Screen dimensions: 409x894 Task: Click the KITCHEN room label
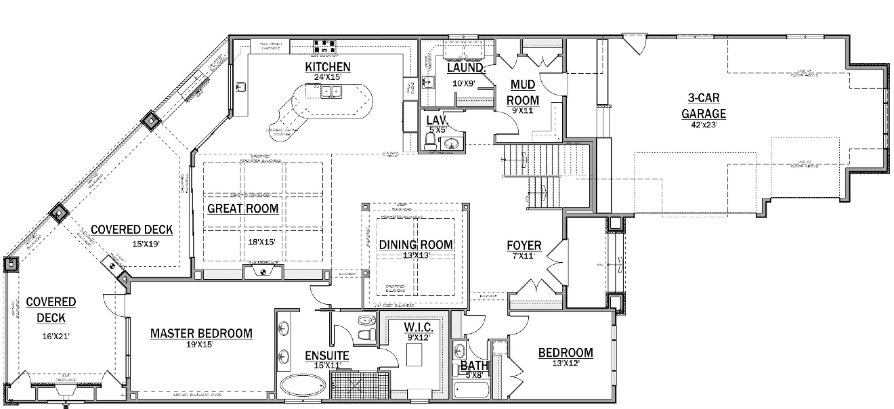click(328, 67)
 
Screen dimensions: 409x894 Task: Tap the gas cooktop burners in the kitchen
click(325, 47)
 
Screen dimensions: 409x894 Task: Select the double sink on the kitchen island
click(331, 92)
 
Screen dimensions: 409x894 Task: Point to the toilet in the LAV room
click(430, 140)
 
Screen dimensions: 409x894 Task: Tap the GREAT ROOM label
click(243, 208)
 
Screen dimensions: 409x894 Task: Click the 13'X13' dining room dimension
click(416, 255)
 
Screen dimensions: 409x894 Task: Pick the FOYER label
click(524, 245)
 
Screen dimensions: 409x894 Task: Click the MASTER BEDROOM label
click(201, 333)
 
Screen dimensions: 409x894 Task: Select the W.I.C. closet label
click(418, 327)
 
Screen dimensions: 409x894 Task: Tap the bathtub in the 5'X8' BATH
click(471, 390)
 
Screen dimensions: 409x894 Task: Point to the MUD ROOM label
click(523, 92)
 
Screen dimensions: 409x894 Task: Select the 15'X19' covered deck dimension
click(145, 244)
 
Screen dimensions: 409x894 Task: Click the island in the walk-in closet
click(415, 354)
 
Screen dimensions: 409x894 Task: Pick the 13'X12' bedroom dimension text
click(566, 363)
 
